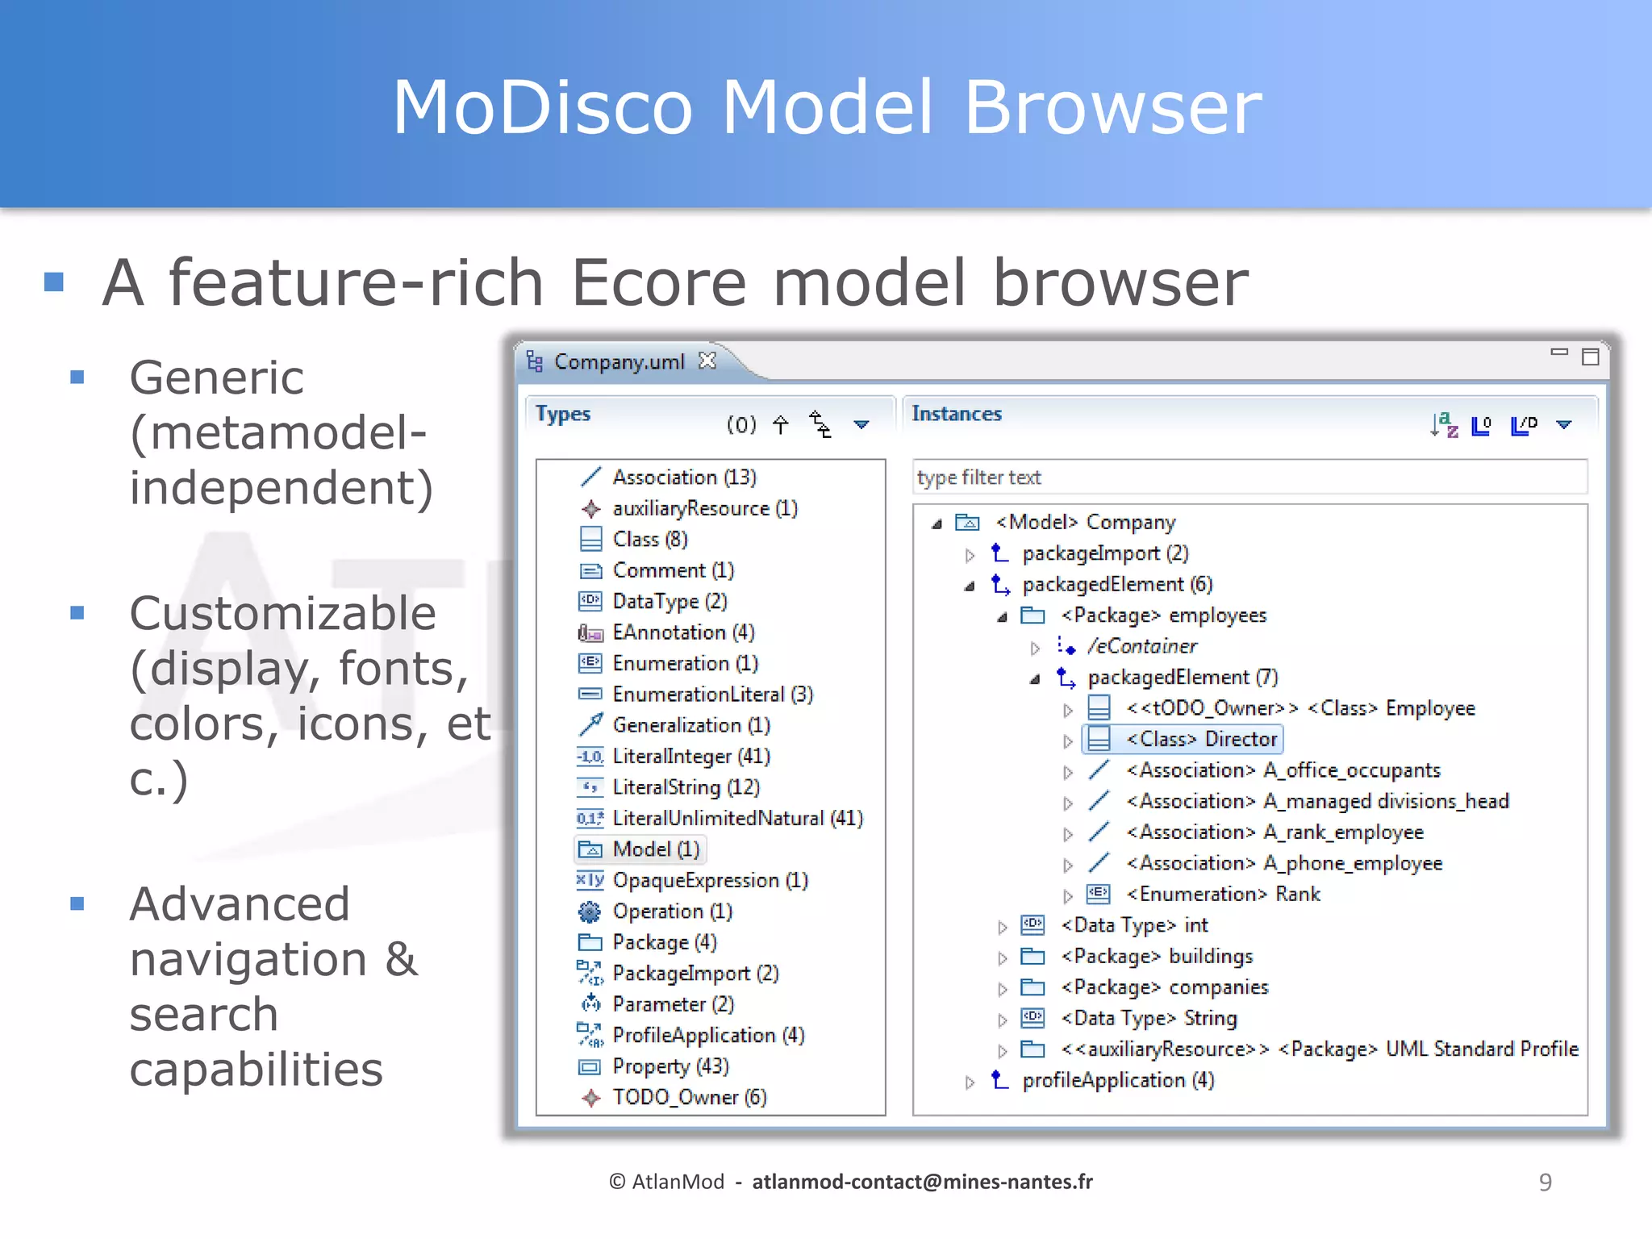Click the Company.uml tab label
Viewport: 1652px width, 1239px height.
pyautogui.click(x=619, y=361)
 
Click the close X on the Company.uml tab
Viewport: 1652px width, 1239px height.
pyautogui.click(x=707, y=361)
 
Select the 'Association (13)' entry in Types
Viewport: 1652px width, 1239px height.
pyautogui.click(x=684, y=477)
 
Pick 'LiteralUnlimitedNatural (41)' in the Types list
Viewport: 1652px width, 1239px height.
pyautogui.click(x=737, y=818)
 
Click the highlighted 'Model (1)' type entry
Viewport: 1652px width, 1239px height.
pyautogui.click(x=655, y=849)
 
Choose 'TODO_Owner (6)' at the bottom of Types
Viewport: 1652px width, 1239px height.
pyautogui.click(x=689, y=1097)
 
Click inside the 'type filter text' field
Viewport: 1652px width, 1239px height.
pyautogui.click(x=1249, y=478)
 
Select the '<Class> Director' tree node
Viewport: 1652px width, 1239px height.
pyautogui.click(x=1201, y=739)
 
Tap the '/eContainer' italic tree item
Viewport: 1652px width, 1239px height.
pyautogui.click(x=1141, y=646)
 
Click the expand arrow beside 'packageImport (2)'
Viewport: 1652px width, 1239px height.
pyautogui.click(x=970, y=555)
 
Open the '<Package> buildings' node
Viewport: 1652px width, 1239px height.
pyautogui.click(x=1157, y=956)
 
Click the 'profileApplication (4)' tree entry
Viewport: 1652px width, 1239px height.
pyautogui.click(x=1117, y=1080)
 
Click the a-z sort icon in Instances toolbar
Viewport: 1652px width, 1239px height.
pyautogui.click(x=1444, y=424)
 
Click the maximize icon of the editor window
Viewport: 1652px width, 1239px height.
pyautogui.click(x=1590, y=357)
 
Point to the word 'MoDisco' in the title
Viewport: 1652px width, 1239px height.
pyautogui.click(x=542, y=107)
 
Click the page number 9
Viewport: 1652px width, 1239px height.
pyautogui.click(x=1545, y=1182)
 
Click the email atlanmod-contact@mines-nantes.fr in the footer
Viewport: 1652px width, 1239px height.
pyautogui.click(x=922, y=1182)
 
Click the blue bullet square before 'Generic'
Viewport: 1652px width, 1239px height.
pyautogui.click(x=77, y=377)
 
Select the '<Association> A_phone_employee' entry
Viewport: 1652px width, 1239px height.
pyautogui.click(x=1283, y=863)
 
